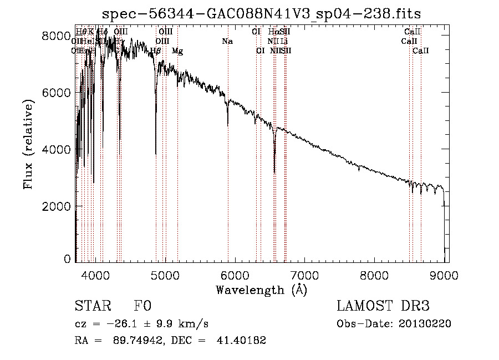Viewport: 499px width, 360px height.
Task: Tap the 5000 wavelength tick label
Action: pos(165,274)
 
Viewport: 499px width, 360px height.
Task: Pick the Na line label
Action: pos(227,41)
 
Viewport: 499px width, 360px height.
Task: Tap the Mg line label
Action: pos(177,51)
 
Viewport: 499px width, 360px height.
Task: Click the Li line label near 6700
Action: pos(284,41)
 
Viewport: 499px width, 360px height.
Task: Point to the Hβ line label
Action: pos(156,51)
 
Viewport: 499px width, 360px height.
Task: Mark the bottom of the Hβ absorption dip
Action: pos(156,154)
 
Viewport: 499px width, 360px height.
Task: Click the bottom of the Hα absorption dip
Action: pos(274,172)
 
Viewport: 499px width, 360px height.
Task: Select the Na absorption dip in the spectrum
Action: pos(228,125)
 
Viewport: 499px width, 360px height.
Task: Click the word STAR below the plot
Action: pos(90,306)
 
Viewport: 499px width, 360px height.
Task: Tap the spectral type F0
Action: pos(143,306)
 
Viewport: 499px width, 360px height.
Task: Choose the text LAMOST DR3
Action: pos(383,306)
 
